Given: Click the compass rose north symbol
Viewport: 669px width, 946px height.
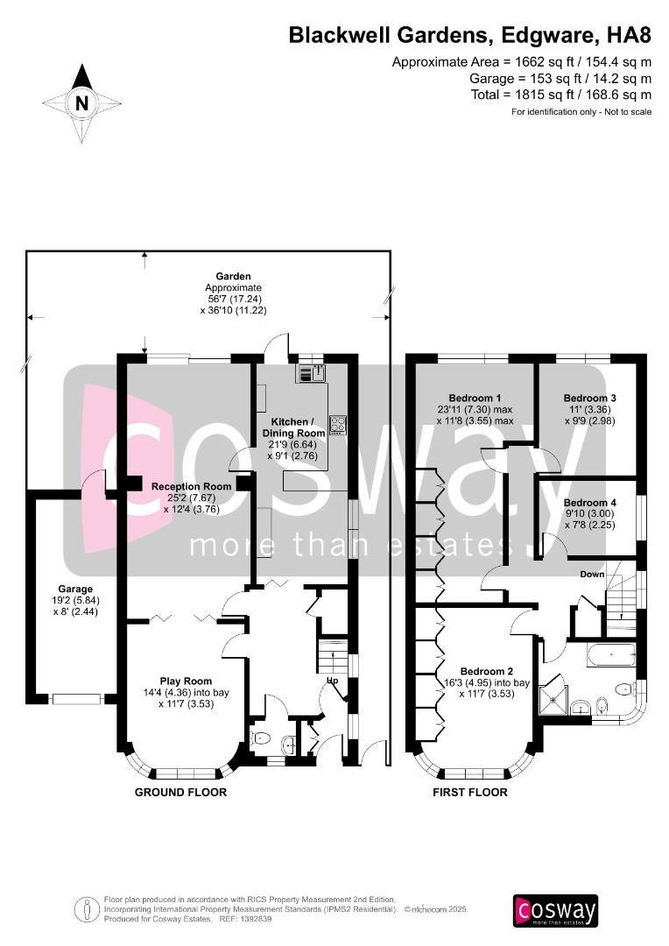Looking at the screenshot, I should click(82, 102).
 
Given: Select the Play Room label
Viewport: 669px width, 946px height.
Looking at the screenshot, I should click(185, 681).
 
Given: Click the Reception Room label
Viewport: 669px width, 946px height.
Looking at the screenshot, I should click(191, 486).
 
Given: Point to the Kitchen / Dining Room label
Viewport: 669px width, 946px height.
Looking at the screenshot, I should click(292, 427).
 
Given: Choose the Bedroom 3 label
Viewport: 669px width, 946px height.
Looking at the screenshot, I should click(587, 397).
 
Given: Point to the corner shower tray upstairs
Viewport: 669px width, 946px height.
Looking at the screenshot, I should click(553, 692).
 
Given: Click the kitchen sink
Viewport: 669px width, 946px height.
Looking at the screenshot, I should click(311, 373).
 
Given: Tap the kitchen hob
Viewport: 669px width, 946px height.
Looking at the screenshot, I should click(337, 425).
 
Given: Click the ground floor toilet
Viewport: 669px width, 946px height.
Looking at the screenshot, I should click(260, 739).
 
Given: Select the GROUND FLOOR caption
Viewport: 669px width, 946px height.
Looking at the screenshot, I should click(180, 792).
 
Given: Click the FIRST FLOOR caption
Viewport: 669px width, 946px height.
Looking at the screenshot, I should click(470, 792).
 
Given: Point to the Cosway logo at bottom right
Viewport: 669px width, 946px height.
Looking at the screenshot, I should click(555, 910).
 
